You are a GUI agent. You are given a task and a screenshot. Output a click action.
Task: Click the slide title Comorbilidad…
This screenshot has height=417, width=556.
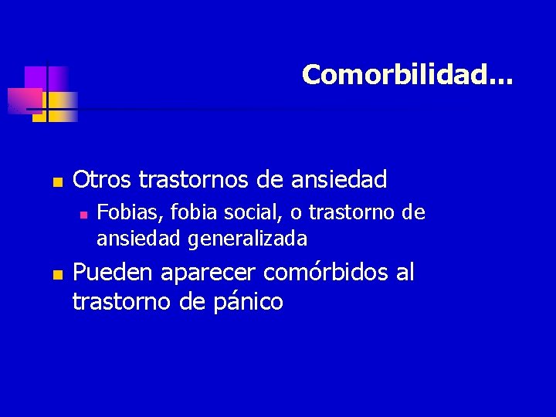pyautogui.click(x=406, y=75)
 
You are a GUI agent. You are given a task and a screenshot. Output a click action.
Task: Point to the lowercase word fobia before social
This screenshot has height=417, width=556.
pyautogui.click(x=179, y=212)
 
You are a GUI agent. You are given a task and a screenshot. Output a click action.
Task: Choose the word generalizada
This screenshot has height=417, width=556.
pyautogui.click(x=247, y=239)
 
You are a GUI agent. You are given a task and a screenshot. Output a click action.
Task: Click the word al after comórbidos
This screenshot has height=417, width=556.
pyautogui.click(x=404, y=273)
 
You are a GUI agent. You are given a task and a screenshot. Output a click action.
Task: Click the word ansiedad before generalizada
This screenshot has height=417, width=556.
pyautogui.click(x=138, y=239)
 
